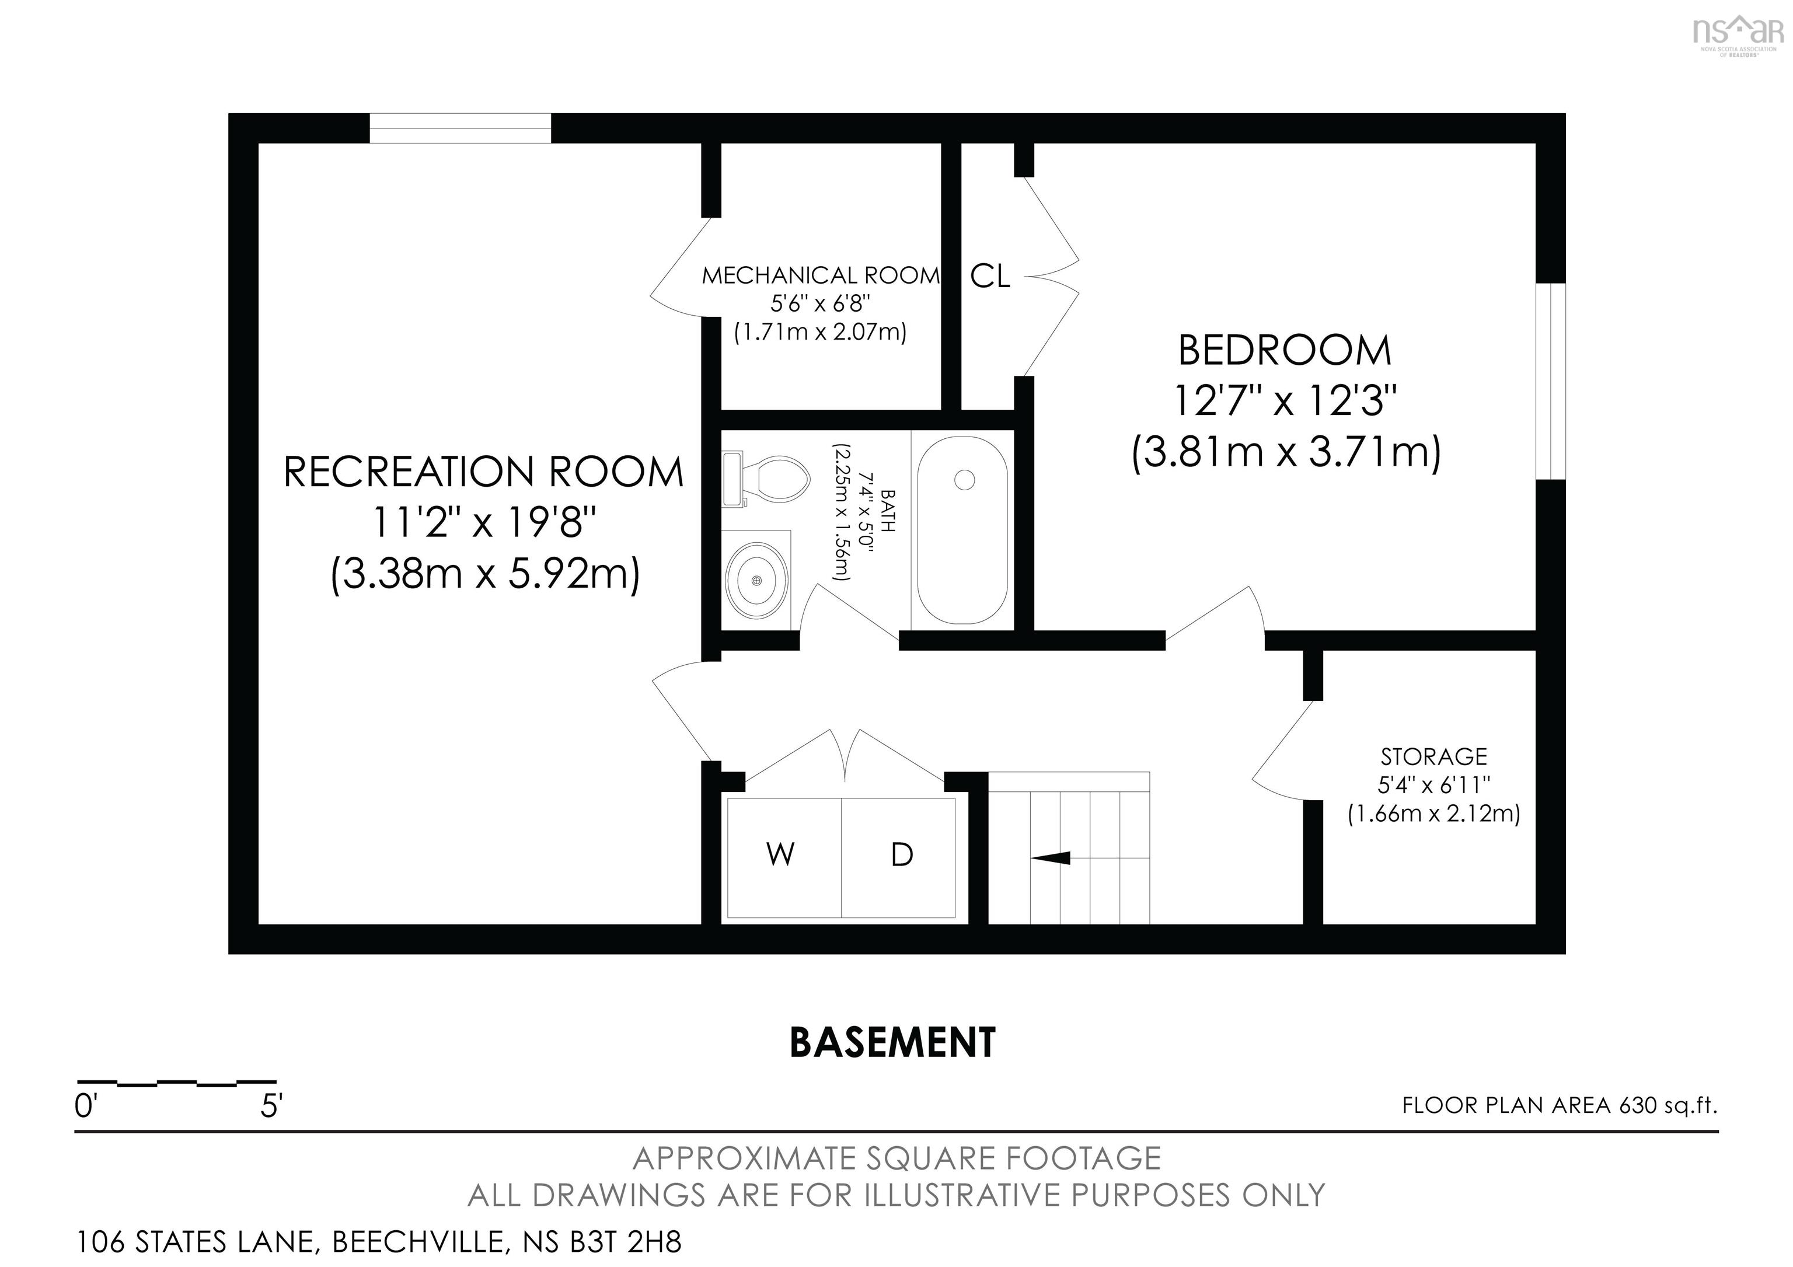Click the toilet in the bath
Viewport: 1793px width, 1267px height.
coord(765,479)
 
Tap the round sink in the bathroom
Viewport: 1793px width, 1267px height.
coord(756,580)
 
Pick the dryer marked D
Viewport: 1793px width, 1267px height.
coord(899,858)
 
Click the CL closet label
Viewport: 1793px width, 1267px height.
coord(990,275)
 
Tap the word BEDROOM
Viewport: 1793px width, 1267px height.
coord(1285,351)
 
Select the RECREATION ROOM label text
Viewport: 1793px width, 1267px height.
coord(483,472)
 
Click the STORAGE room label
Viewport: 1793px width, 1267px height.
coord(1434,756)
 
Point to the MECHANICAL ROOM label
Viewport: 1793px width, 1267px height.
coord(821,275)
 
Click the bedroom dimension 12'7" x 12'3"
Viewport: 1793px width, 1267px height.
coord(1285,402)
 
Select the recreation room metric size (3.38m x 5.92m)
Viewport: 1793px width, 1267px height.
coord(485,575)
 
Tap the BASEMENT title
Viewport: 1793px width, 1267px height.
coord(892,1042)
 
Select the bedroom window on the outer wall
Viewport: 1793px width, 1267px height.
coord(1551,381)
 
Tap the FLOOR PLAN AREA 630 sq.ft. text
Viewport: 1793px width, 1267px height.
coord(1560,1105)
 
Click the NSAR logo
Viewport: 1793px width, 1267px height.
coord(1738,35)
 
